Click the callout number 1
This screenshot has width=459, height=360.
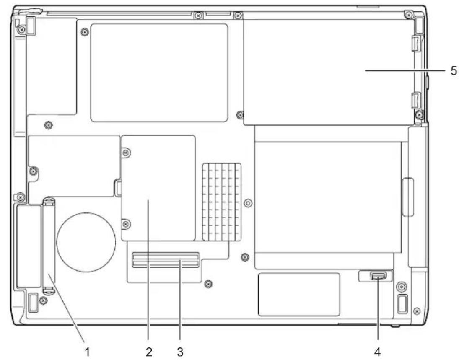click(x=87, y=352)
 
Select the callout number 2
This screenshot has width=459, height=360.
click(x=149, y=352)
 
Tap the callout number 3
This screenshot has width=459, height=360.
click(x=180, y=352)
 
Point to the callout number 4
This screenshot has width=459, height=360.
click(x=378, y=352)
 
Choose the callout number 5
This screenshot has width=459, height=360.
click(x=454, y=70)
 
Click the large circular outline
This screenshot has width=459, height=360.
click(x=86, y=242)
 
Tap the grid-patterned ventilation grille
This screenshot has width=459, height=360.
click(x=222, y=202)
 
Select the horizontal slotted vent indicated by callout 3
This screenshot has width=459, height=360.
click(x=166, y=260)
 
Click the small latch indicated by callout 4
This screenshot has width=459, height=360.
click(x=378, y=276)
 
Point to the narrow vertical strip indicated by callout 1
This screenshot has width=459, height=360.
click(x=49, y=246)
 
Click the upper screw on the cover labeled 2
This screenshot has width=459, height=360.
click(x=126, y=153)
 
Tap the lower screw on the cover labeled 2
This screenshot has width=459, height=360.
click(x=126, y=224)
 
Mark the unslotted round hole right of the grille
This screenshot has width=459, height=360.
click(x=248, y=202)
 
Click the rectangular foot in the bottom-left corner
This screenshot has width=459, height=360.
click(x=33, y=302)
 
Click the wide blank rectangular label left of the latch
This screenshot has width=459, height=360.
click(x=299, y=295)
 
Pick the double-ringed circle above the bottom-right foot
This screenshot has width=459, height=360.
click(x=401, y=287)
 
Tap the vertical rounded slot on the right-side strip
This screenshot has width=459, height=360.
click(x=408, y=197)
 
